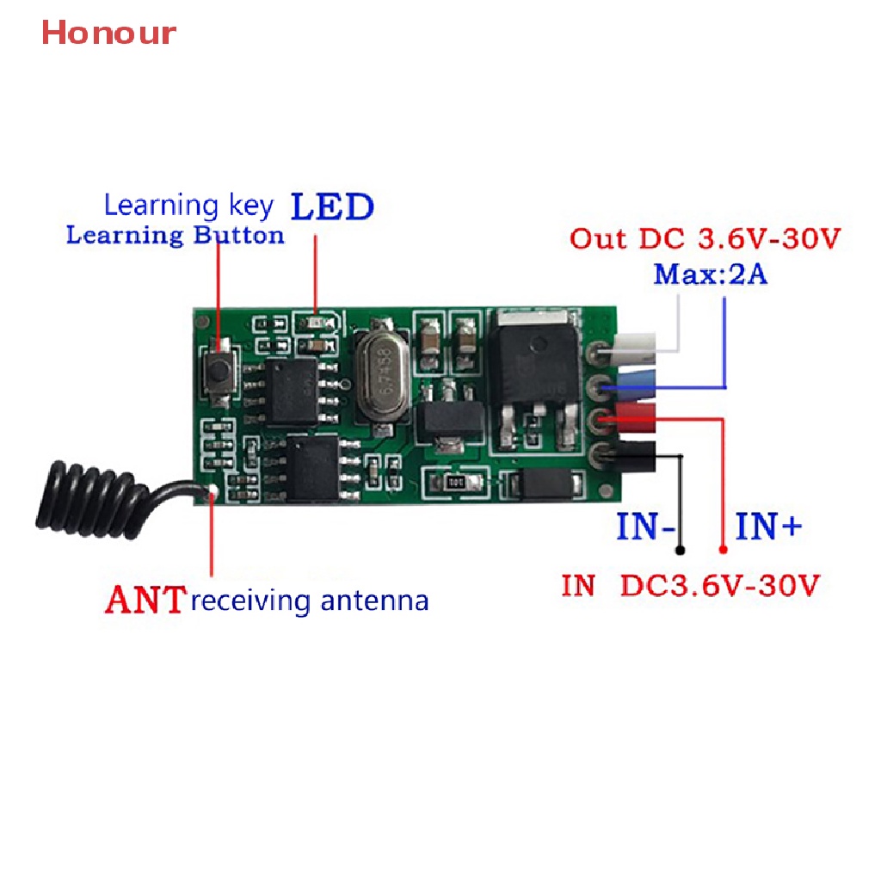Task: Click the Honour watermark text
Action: (x=108, y=33)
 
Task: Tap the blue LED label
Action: (x=332, y=207)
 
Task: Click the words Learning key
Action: (x=188, y=205)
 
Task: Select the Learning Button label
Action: (x=175, y=235)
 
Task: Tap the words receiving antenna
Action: (x=310, y=600)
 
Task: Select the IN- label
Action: (x=644, y=526)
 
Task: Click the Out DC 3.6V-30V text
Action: (x=704, y=238)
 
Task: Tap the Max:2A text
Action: (x=711, y=275)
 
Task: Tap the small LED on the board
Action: (x=316, y=323)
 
